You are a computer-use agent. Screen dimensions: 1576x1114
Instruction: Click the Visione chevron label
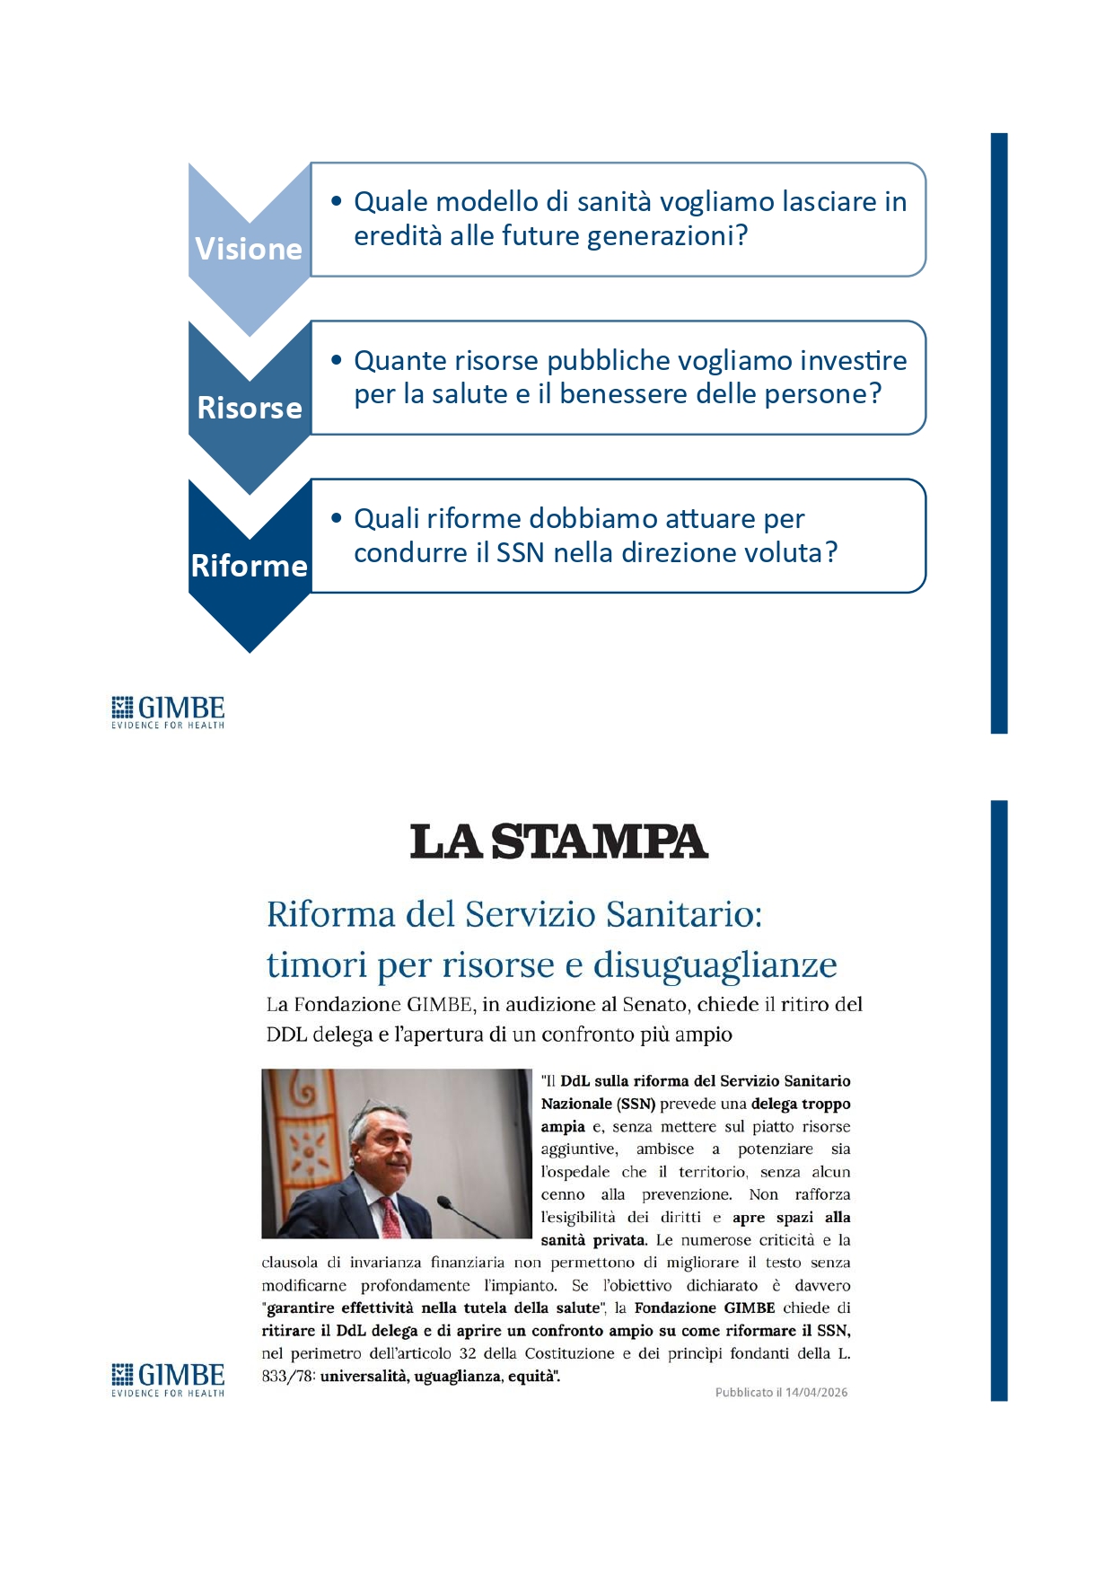pyautogui.click(x=249, y=249)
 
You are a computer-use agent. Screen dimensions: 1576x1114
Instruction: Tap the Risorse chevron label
pyautogui.click(x=249, y=408)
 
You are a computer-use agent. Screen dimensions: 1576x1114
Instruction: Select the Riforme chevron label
pyautogui.click(x=249, y=566)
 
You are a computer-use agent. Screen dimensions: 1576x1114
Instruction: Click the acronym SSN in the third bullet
pyautogui.click(x=520, y=552)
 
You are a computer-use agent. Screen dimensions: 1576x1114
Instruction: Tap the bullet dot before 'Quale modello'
pyautogui.click(x=337, y=201)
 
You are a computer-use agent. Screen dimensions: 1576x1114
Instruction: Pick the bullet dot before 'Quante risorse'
pyautogui.click(x=337, y=360)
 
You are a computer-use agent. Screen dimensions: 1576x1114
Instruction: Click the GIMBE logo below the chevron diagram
pyautogui.click(x=168, y=712)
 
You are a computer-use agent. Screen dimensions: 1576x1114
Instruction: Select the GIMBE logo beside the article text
pyautogui.click(x=168, y=1379)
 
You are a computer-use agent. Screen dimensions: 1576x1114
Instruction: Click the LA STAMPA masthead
pyautogui.click(x=558, y=841)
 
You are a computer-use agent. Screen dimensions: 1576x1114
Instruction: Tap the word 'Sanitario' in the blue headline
pyautogui.click(x=684, y=914)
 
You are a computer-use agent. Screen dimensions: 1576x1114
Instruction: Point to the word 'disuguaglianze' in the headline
pyautogui.click(x=715, y=964)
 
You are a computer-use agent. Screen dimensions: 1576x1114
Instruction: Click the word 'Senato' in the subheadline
pyautogui.click(x=654, y=1004)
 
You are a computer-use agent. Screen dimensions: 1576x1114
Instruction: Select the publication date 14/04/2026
pyautogui.click(x=816, y=1393)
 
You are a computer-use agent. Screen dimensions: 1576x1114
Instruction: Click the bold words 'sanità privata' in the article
pyautogui.click(x=592, y=1240)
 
